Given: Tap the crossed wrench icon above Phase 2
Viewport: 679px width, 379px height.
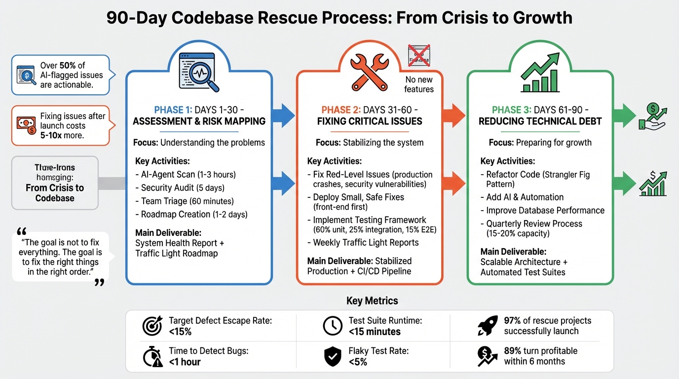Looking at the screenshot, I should click(x=369, y=72).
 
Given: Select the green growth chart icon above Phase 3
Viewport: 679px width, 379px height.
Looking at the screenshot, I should click(x=540, y=73).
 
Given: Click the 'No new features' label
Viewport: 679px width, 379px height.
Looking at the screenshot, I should click(x=418, y=84).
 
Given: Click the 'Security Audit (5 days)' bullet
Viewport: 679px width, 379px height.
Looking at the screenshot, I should click(x=183, y=188).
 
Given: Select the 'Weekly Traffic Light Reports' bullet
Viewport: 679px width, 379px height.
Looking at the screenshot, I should click(x=366, y=242).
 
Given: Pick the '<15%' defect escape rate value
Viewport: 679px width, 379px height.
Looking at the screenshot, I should click(x=180, y=332).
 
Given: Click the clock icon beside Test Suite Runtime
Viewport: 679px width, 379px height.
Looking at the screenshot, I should click(x=333, y=326).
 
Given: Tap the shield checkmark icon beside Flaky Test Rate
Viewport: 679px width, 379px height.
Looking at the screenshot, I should click(x=333, y=356).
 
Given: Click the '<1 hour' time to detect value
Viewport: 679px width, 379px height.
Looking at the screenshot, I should click(x=185, y=362).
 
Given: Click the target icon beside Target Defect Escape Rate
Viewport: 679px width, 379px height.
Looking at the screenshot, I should click(x=152, y=326).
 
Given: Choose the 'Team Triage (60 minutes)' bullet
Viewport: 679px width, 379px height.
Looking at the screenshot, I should click(x=187, y=201).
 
